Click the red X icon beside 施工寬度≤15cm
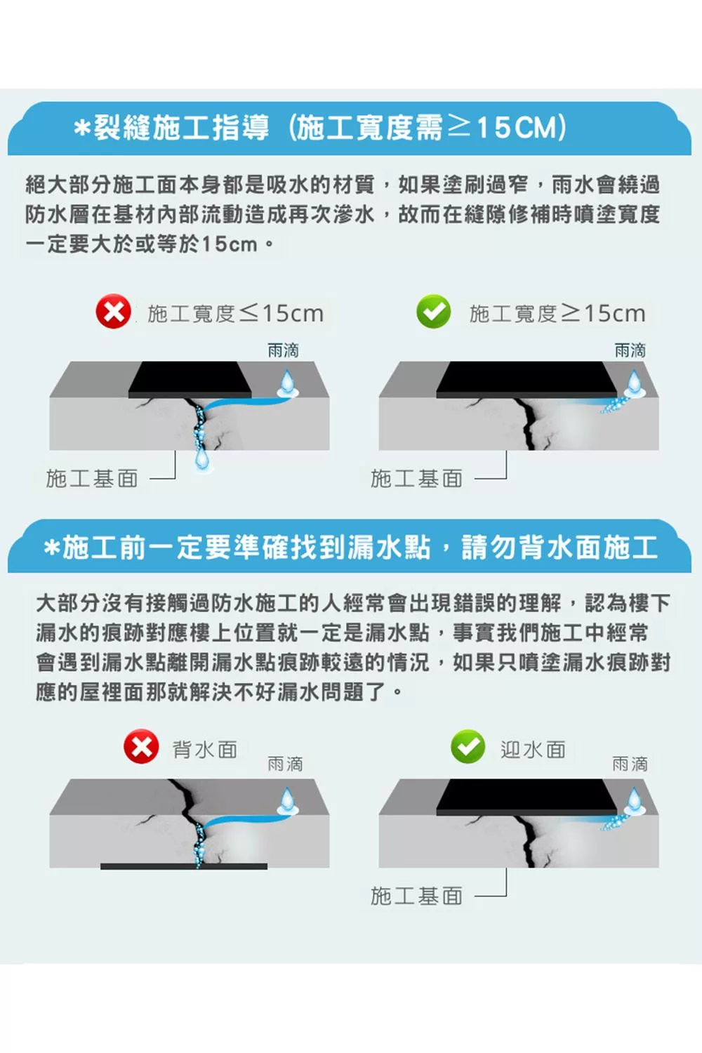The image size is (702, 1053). [113, 311]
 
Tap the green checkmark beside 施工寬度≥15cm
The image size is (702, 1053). [434, 311]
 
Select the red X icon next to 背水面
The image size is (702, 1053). [141, 746]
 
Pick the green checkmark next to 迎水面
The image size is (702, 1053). [468, 746]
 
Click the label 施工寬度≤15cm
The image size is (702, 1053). [236, 314]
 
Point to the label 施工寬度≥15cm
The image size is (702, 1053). [557, 314]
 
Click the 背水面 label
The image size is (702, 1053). [205, 749]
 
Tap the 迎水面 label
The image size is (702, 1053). [533, 749]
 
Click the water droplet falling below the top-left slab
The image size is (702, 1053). [203, 458]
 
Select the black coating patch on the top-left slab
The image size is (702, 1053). [190, 379]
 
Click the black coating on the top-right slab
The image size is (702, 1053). [527, 379]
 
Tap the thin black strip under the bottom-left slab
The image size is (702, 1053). [184, 866]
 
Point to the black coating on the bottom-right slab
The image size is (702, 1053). [527, 797]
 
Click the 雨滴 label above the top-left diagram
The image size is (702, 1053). [283, 350]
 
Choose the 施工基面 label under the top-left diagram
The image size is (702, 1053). [92, 479]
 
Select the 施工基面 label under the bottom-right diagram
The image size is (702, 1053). [416, 896]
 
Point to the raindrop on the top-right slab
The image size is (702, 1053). [635, 383]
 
